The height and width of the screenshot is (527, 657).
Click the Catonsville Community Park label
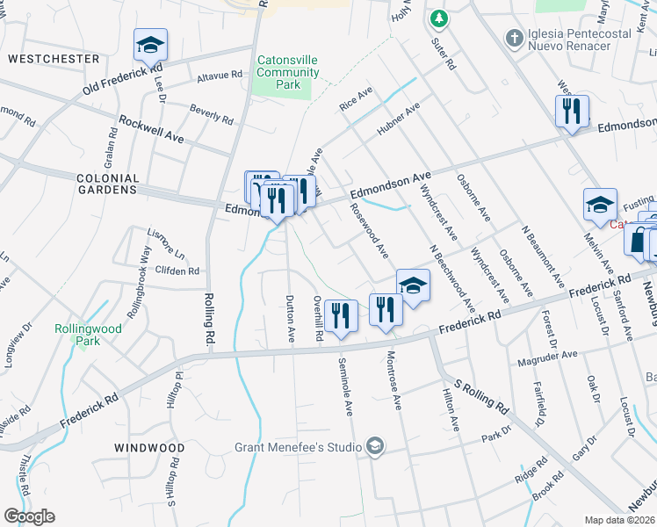(287, 73)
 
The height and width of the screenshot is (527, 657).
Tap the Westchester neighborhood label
(53, 59)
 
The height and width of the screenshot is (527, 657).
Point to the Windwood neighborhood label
(149, 448)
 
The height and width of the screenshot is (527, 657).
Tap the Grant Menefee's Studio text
(298, 448)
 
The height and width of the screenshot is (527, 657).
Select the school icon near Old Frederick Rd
(150, 44)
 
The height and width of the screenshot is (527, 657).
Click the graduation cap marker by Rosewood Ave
(413, 285)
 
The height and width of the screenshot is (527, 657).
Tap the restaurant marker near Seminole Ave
(340, 315)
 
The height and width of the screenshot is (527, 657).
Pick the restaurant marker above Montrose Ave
(385, 308)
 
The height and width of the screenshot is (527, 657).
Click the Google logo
(29, 516)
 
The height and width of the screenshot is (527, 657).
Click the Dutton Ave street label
(289, 321)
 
